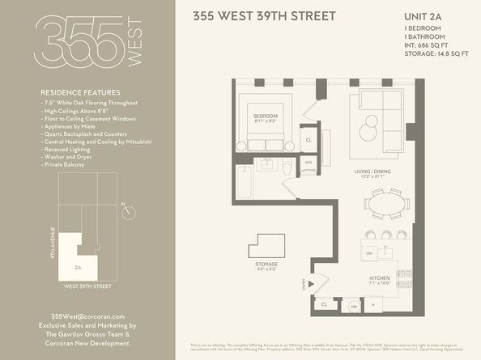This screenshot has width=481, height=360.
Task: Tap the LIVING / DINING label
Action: point(373,172)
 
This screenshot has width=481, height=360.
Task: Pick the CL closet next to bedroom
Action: point(309,140)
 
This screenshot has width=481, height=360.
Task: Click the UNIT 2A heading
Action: point(426,16)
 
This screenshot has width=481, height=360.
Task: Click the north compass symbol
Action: point(128,212)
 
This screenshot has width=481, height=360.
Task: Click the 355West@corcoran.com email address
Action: point(87,316)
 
